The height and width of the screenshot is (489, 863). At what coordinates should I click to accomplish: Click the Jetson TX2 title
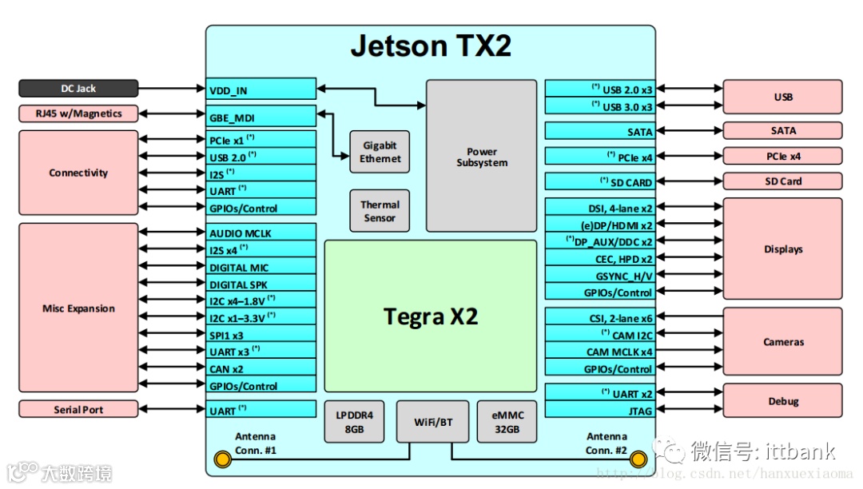coord(431,46)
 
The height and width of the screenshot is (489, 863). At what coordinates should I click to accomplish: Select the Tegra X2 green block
coord(431,316)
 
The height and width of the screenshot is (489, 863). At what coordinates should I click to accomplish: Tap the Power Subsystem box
coord(482,157)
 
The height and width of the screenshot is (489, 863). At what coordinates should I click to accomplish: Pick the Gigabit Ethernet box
coord(380,152)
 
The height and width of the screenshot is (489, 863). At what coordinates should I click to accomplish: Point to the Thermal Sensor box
coord(380,211)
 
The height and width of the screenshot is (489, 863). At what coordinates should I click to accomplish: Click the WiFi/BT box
coord(433,421)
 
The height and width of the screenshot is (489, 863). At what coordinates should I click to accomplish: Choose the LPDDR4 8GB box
coord(354,421)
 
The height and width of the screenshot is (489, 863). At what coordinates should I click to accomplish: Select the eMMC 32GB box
coord(507,421)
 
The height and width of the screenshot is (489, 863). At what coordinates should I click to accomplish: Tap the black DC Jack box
coord(78,89)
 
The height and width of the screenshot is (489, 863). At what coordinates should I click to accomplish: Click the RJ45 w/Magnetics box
coord(78,113)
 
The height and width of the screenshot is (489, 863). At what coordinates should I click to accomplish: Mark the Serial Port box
coord(78,410)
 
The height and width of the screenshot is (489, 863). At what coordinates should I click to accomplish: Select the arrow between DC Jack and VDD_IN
coord(173,89)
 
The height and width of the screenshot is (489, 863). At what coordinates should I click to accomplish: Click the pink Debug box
coord(783,401)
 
